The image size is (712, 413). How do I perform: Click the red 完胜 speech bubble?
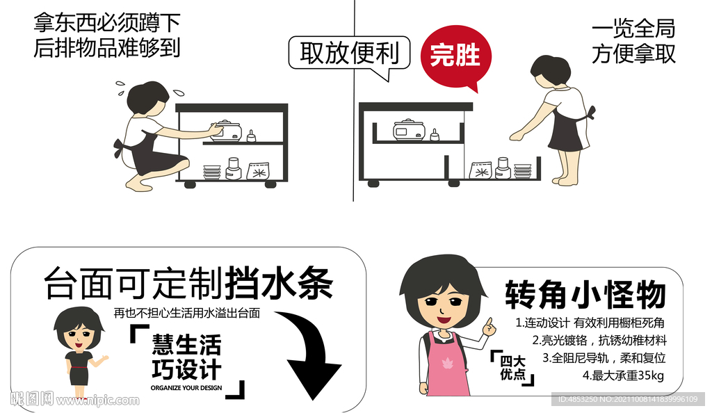[x=455, y=54]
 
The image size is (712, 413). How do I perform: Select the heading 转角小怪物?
[x=585, y=295]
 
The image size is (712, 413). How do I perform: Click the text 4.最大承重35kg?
[x=623, y=376]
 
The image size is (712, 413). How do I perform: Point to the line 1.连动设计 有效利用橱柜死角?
[x=590, y=323]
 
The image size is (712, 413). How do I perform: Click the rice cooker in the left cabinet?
[x=225, y=130]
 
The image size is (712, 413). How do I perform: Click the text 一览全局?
[x=633, y=29]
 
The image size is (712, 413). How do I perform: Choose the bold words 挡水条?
[x=278, y=284]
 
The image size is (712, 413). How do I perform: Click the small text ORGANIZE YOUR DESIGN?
[x=186, y=387]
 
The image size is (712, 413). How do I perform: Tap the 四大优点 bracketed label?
[x=513, y=367]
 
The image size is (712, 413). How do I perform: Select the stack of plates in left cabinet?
[x=212, y=171]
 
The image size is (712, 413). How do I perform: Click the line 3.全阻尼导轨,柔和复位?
[x=604, y=358]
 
